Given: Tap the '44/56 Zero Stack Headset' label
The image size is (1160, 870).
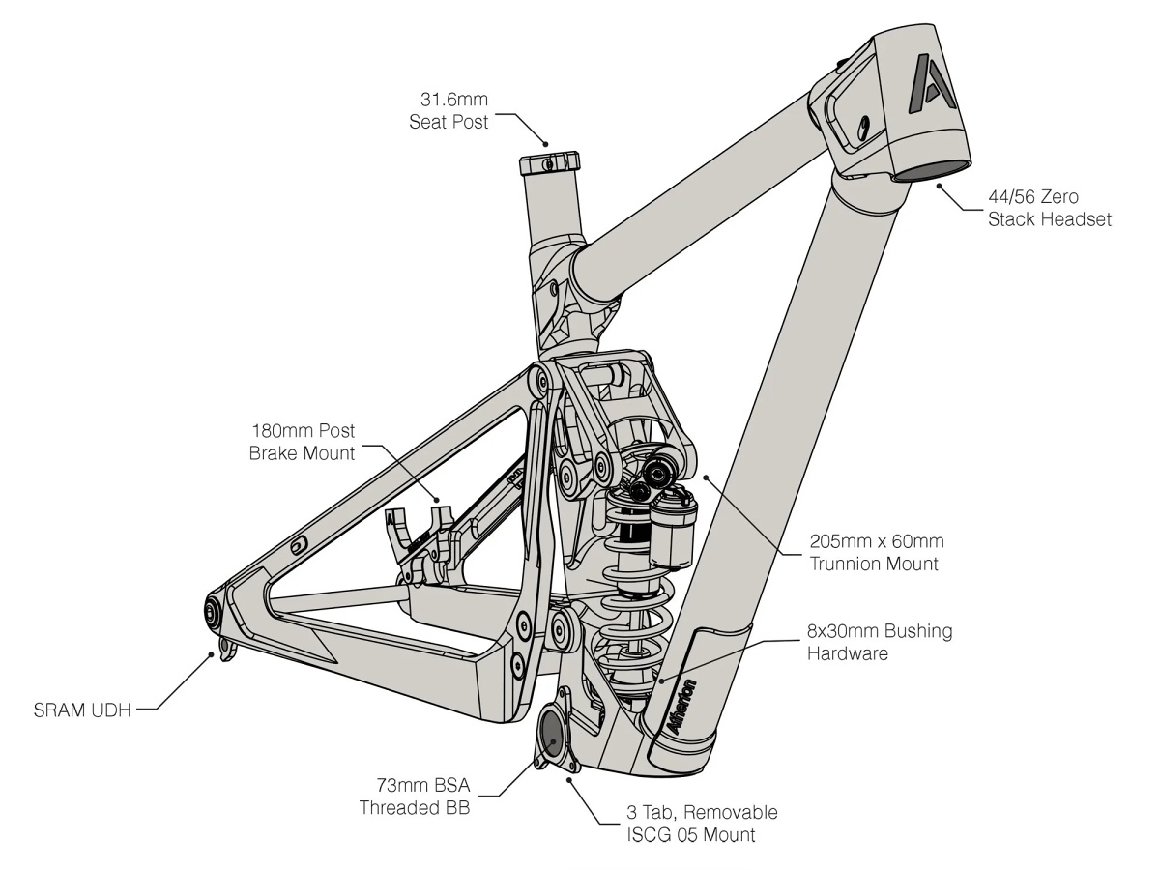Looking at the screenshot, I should tap(1050, 208).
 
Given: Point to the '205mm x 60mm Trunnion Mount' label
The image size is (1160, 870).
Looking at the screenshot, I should tap(876, 552).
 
